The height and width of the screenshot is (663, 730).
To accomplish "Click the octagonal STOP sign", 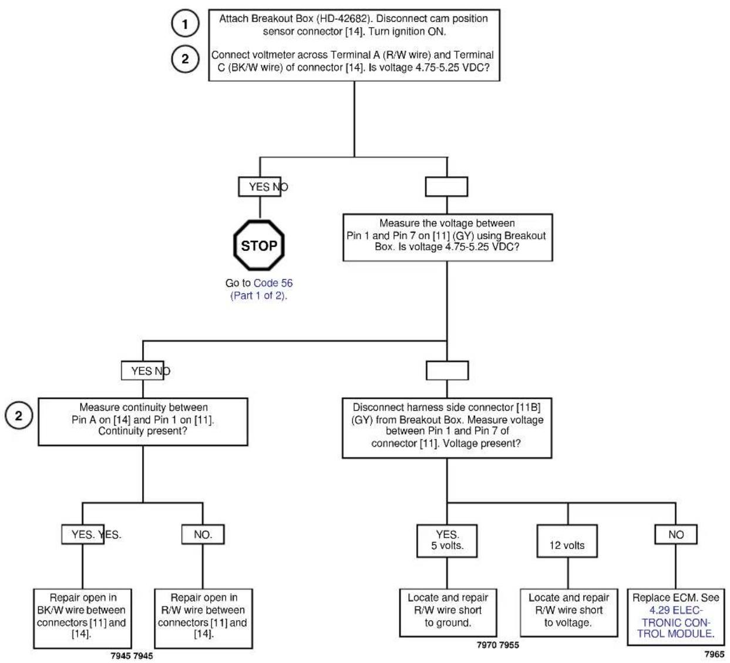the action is [259, 245].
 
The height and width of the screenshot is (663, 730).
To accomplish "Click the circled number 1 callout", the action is [185, 24].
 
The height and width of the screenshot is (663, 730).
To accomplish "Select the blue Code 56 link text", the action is [273, 283].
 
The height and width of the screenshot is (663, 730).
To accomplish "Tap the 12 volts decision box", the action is [567, 541].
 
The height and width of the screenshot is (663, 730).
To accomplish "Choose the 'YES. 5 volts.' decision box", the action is [447, 541].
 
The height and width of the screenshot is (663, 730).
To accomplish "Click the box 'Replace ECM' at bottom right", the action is [676, 617].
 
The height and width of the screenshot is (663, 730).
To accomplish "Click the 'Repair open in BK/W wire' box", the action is [83, 618].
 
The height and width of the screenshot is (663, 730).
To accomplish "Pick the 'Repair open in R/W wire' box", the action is [203, 618].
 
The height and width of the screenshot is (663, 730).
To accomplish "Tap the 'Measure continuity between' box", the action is [143, 421].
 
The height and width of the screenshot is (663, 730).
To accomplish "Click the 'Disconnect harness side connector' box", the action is [447, 428].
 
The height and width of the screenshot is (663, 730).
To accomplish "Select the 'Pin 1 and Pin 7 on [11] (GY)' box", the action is [448, 237].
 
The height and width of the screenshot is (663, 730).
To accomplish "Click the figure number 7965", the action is [714, 654].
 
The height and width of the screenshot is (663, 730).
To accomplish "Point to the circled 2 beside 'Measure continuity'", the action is [19, 416].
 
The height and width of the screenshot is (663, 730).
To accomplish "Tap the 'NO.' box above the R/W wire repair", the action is [203, 534].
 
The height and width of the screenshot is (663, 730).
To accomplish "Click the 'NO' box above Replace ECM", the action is [676, 534].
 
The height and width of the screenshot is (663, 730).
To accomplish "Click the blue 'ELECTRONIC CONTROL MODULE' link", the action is [676, 622].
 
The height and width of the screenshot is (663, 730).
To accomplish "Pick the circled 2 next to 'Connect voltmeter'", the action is [185, 59].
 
